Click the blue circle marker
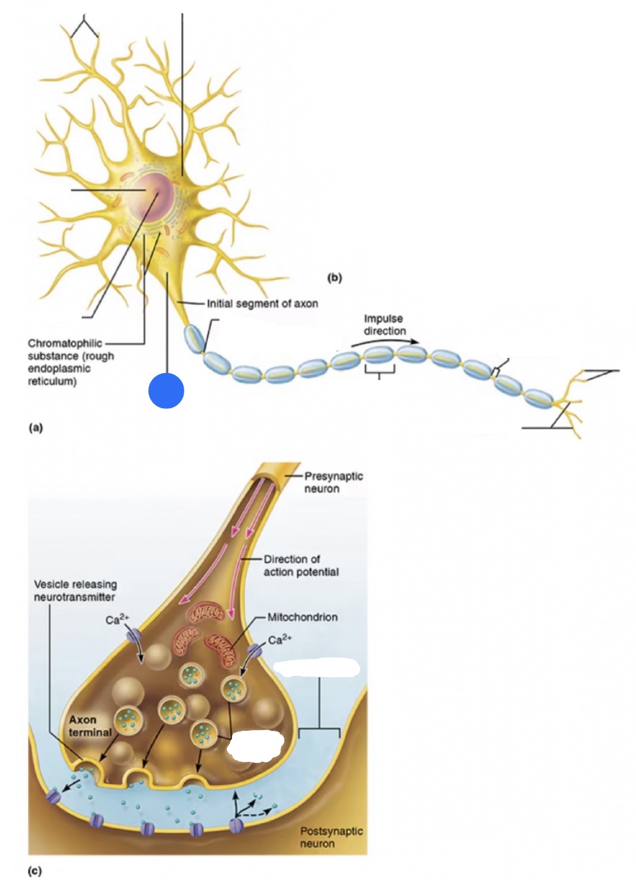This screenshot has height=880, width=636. coord(166,391)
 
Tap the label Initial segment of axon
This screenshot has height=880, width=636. coord(262,304)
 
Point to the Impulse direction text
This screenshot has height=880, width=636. coord(384,325)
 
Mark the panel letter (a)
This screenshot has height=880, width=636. coord(35,427)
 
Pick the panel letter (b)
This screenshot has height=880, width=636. coord(334,277)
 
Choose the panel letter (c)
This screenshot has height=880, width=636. coord(35,871)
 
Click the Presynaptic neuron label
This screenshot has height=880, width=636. coord(333,482)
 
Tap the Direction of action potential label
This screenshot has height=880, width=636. coord(301,565)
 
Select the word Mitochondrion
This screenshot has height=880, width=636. coord(302,617)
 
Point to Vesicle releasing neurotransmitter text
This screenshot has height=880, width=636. coord(75,590)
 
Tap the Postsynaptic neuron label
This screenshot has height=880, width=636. coord(331,837)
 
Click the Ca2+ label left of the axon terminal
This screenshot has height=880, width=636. coord(117,619)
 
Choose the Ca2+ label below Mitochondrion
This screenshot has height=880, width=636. coord(280,639)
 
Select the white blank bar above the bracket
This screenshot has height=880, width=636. coord(316,668)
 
